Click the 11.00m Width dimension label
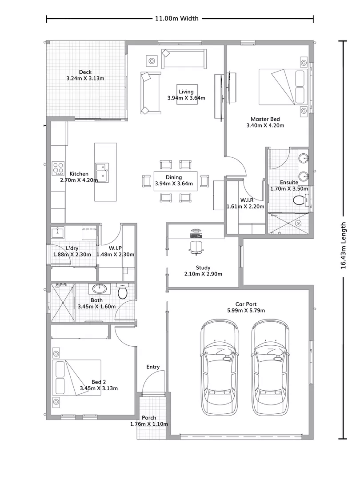pos(176,18)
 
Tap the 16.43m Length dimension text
pos(343,245)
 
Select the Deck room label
pos(85,72)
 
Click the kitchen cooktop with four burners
pos(58,168)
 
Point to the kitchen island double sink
pos(102,172)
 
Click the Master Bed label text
pos(265,119)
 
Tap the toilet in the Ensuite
pos(300,200)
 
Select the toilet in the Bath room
pos(123,291)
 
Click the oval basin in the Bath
pos(99,288)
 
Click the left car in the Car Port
pos(220,367)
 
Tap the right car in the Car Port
pos(270,367)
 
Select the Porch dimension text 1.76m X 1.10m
pos(149,424)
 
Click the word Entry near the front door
pos(153,367)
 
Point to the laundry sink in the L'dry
pos(57,232)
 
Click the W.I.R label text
pos(247,200)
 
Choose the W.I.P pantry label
pos(116,248)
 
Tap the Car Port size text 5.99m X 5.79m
pos(246,310)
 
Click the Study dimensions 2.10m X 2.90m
pos(203,274)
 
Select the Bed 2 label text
pos(99,382)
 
